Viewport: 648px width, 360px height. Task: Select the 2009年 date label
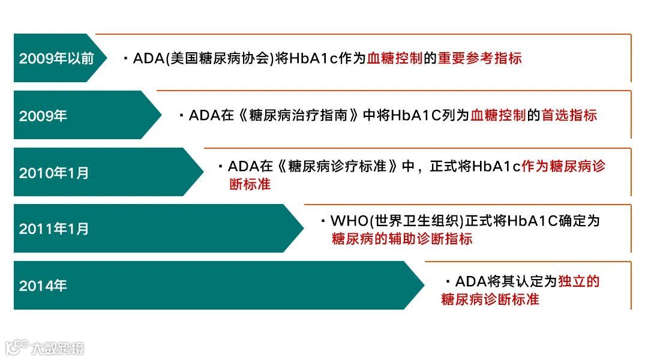coord(43,116)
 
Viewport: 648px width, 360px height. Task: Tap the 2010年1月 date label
coord(54,173)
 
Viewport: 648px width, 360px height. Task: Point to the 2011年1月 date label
coord(54,229)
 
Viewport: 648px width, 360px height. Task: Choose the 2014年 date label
coord(43,286)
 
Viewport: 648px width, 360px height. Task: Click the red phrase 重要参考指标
coord(479,58)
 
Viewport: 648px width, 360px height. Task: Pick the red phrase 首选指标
coord(569,115)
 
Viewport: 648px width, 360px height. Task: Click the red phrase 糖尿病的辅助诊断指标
coord(402,239)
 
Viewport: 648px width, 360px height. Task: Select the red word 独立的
coord(578,281)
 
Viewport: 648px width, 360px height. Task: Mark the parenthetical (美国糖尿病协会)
coord(220,58)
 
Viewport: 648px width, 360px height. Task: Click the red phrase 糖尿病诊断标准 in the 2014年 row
coord(490,299)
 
